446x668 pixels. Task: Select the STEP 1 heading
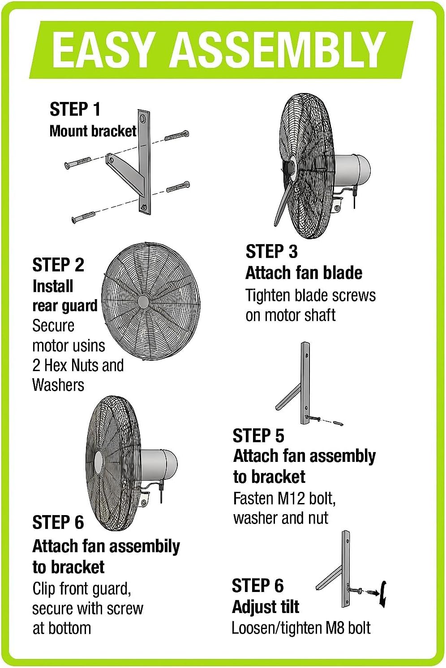75,110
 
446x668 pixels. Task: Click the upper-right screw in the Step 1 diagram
177,135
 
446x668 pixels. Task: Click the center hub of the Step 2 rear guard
143,302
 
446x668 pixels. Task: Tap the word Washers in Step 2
58,385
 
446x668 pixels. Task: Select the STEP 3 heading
271,252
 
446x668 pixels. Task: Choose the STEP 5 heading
258,435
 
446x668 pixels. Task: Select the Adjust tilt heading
266,607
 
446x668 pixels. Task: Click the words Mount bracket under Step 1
93,131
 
